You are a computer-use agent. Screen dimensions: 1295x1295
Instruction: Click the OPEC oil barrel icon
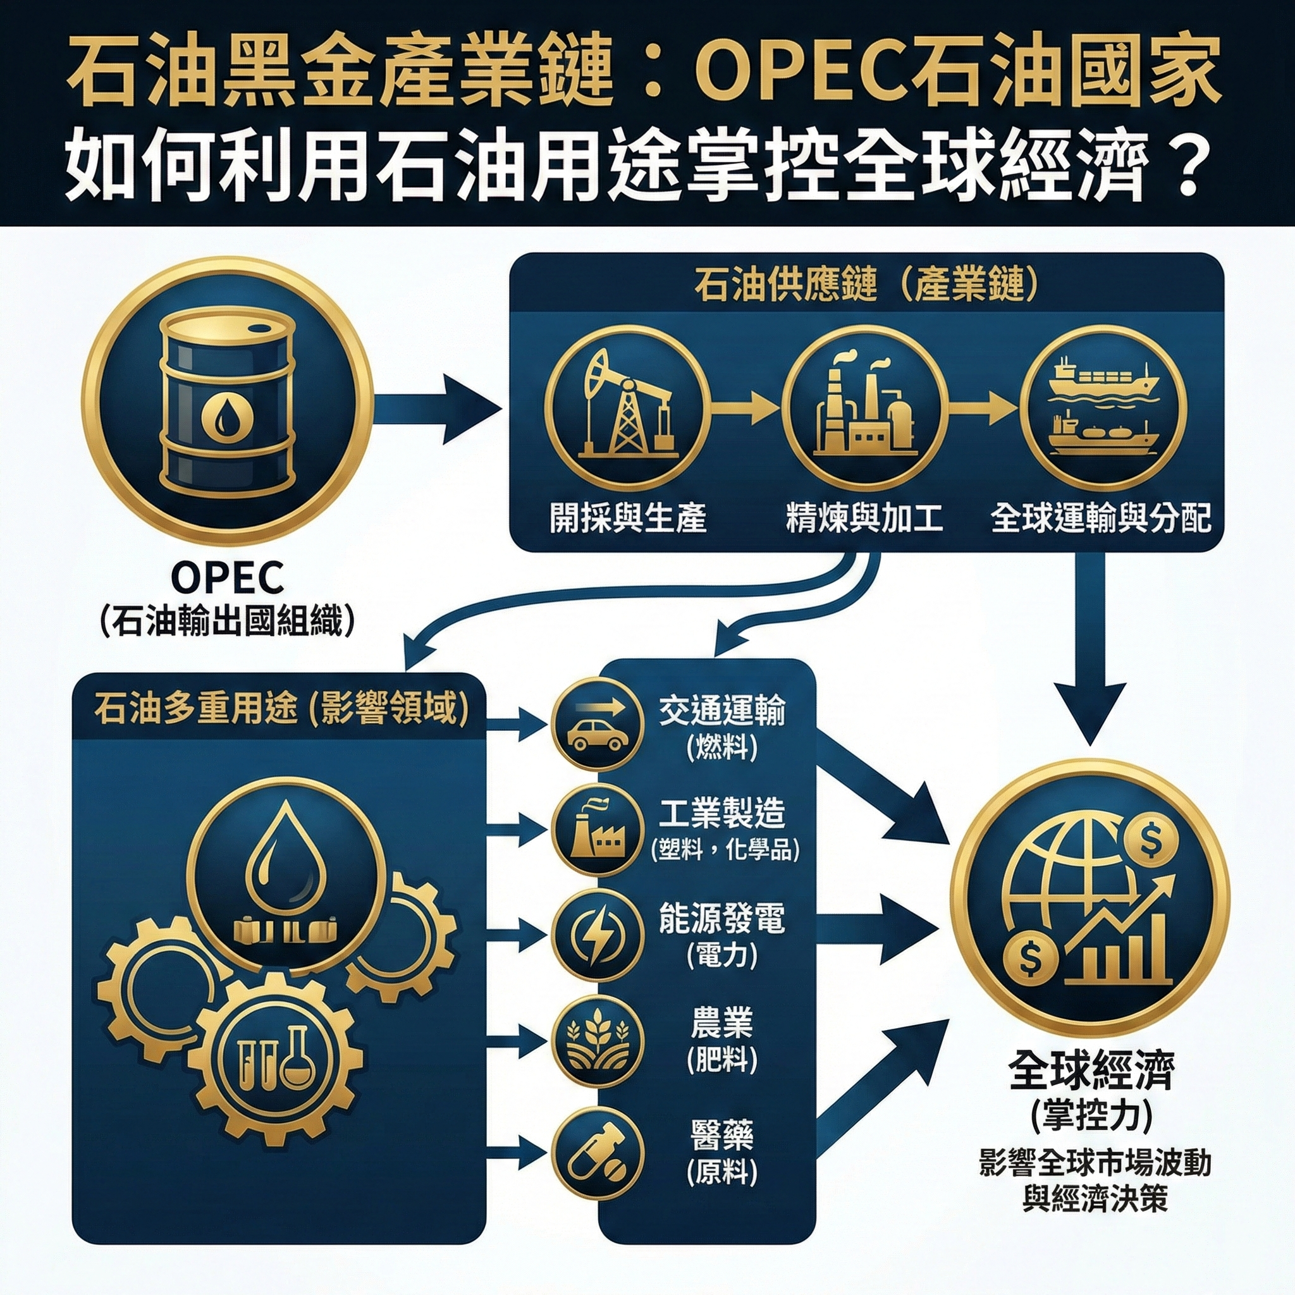226,406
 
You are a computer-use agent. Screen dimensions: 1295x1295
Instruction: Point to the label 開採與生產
628,518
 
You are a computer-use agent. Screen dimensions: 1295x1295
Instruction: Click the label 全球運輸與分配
1102,518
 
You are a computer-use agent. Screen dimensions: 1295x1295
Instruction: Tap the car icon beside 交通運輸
596,725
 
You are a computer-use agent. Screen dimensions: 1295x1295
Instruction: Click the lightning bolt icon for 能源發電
596,935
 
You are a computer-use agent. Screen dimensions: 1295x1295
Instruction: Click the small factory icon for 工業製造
596,830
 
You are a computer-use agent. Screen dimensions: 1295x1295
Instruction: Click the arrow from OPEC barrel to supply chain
436,407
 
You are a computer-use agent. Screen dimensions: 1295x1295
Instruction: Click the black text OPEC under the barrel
226,578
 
